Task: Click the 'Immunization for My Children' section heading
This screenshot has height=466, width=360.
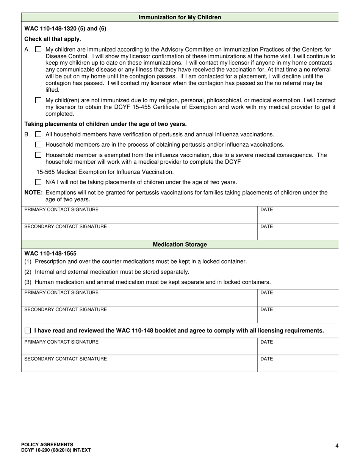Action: pos(180,17)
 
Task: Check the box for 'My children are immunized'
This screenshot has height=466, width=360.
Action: pos(38,49)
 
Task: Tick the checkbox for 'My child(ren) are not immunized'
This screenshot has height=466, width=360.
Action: pos(38,100)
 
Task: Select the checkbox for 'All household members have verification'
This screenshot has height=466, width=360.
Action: pos(38,134)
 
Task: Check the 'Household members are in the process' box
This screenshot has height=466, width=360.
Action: pos(38,144)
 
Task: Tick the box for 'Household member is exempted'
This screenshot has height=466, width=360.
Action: pos(38,155)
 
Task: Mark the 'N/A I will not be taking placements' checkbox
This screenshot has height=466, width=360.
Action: pos(38,182)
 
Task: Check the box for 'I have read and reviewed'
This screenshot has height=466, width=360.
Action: pos(28,330)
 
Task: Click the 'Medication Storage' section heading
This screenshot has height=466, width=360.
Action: pos(180,245)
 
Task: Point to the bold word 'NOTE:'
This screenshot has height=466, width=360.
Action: pos(33,192)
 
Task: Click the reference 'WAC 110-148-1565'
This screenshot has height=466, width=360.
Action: pos(50,253)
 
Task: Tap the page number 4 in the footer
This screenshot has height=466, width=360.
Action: pos(337,446)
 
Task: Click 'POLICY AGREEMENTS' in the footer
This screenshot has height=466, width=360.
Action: pos(47,444)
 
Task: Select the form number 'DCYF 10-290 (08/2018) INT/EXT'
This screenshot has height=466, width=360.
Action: pos(56,450)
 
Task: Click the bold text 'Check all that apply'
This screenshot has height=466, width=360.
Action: pos(52,39)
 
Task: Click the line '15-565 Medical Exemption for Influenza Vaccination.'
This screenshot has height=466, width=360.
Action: pos(105,172)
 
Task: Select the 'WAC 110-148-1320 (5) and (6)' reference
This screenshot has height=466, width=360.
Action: pos(65,28)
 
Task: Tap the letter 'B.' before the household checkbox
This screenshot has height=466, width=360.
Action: pos(27,134)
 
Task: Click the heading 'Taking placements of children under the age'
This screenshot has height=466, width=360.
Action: pos(105,124)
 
